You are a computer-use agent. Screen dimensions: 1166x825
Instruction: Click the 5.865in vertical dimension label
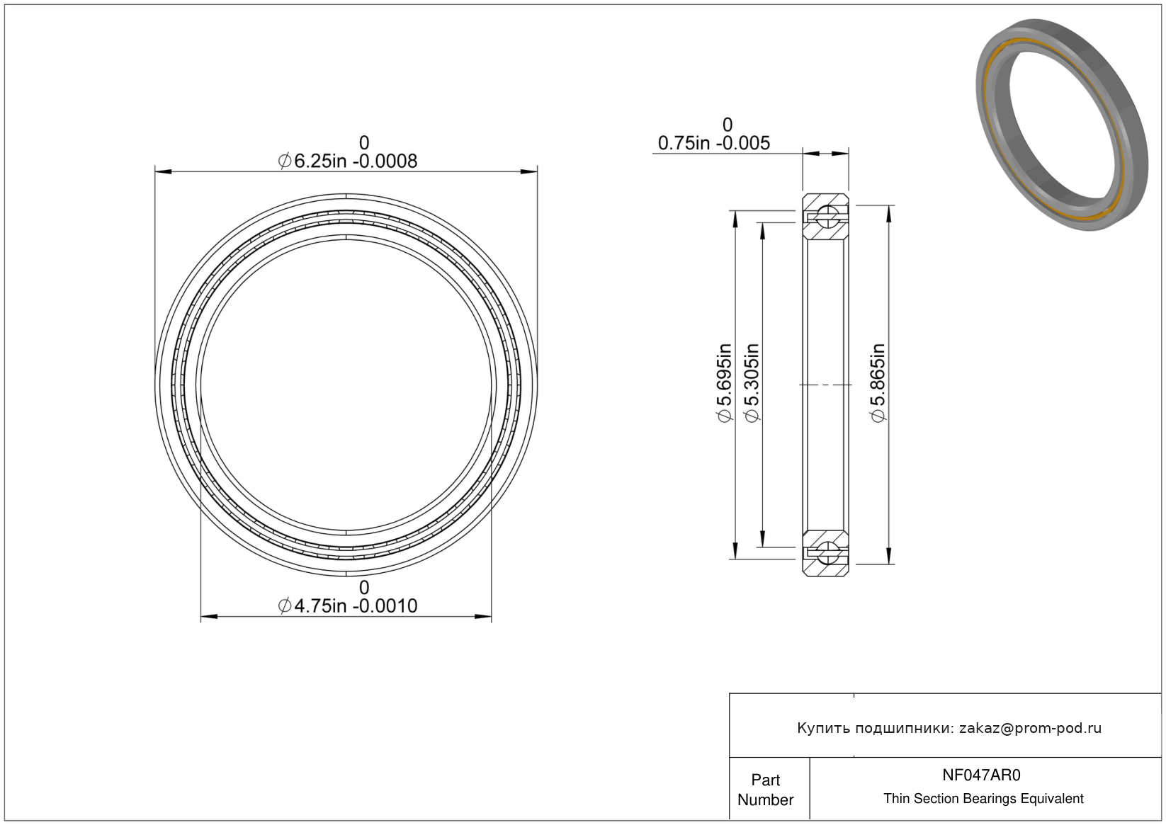point(878,383)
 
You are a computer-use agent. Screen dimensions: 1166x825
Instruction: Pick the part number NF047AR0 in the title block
point(981,775)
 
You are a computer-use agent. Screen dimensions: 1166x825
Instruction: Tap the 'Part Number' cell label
point(766,790)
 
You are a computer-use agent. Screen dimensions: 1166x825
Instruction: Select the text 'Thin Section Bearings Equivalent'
point(983,799)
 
